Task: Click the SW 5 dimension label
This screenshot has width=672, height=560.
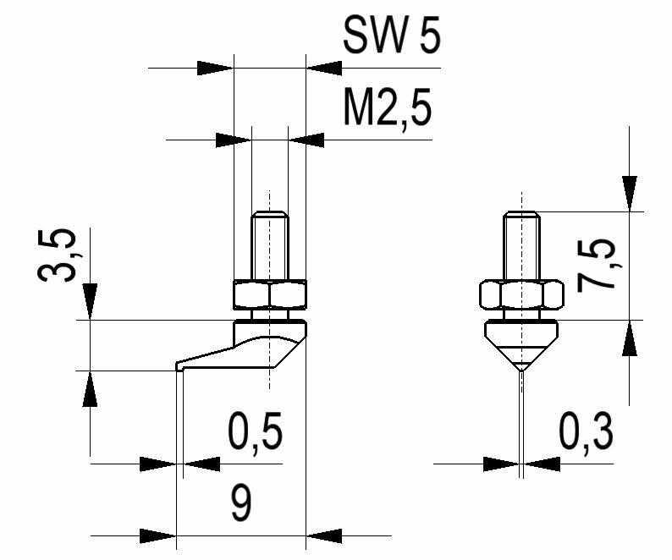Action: pyautogui.click(x=392, y=38)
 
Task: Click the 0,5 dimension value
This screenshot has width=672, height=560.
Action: pyautogui.click(x=254, y=434)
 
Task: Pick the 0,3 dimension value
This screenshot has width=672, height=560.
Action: pyautogui.click(x=586, y=434)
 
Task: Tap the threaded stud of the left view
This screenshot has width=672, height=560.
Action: pyautogui.click(x=268, y=245)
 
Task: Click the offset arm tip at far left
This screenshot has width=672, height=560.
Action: pyautogui.click(x=179, y=366)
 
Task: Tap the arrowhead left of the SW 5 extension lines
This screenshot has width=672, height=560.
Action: pyautogui.click(x=214, y=68)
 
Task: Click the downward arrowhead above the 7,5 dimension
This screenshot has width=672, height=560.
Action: pyautogui.click(x=630, y=193)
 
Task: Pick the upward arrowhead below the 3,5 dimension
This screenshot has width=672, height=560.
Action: pyautogui.click(x=90, y=388)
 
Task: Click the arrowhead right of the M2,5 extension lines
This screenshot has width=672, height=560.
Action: pyautogui.click(x=306, y=139)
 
